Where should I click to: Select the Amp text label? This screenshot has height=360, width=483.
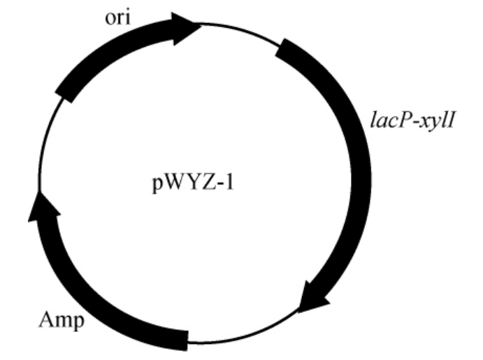pos(61,321)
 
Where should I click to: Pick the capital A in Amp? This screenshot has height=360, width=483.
pos(46,321)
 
